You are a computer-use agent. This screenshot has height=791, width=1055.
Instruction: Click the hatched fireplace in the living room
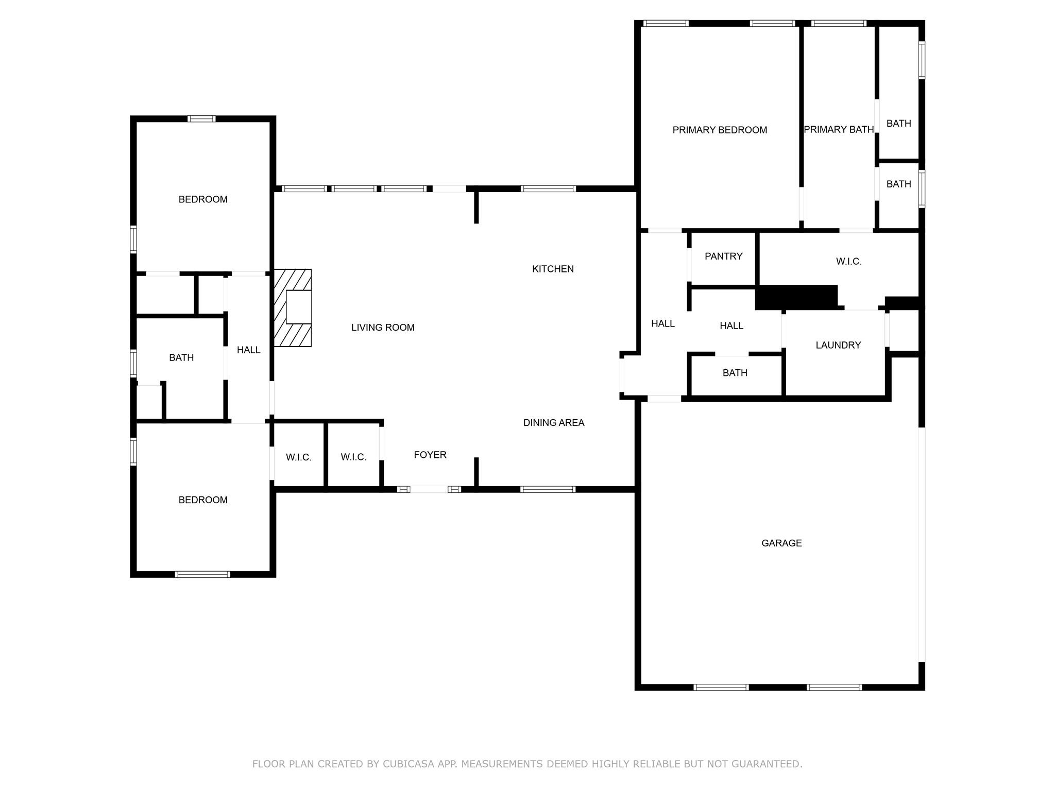pos(292,307)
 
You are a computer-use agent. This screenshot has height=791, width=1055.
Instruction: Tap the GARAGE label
pos(781,543)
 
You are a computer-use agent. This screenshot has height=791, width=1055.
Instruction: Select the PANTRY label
pos(723,256)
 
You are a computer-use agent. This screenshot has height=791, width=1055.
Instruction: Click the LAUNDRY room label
pos(838,345)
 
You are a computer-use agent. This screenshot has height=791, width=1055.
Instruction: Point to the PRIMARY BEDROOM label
pos(720,130)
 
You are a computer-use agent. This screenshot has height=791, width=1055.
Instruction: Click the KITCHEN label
pos(553,269)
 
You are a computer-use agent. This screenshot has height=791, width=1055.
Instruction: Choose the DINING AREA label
pos(554,423)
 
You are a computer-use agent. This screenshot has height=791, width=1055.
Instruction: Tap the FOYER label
pos(430,455)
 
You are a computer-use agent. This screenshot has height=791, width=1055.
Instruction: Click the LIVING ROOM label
pos(383,328)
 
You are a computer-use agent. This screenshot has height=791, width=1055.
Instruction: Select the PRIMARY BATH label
pos(839,129)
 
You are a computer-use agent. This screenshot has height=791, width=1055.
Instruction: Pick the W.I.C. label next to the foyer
pos(353,457)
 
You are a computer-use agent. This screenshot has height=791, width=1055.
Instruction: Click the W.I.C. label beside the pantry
pos(848,262)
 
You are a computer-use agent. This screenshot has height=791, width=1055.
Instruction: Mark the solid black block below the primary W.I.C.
pos(796,297)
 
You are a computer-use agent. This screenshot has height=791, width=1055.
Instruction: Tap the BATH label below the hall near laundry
pos(735,373)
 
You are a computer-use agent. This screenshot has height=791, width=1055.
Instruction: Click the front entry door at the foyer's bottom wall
pos(429,489)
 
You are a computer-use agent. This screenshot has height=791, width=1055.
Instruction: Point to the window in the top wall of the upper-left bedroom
pos(201,118)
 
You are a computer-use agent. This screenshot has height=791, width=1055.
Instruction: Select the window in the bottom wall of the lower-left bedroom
pos(202,574)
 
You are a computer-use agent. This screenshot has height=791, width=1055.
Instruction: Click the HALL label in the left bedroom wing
pos(248,350)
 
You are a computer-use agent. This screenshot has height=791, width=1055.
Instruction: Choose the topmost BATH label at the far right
pos(898,124)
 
